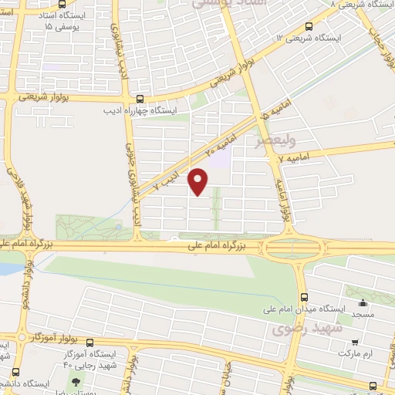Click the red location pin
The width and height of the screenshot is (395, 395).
point(199,182)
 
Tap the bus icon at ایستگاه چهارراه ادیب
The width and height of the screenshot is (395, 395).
point(140,100)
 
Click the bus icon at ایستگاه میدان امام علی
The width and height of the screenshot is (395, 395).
point(304,296)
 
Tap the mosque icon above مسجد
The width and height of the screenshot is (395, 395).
point(363,302)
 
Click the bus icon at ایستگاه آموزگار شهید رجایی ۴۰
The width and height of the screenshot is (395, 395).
point(90,343)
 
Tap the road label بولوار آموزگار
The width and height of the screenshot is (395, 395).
point(53,338)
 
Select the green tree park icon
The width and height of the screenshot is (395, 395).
point(76,383)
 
